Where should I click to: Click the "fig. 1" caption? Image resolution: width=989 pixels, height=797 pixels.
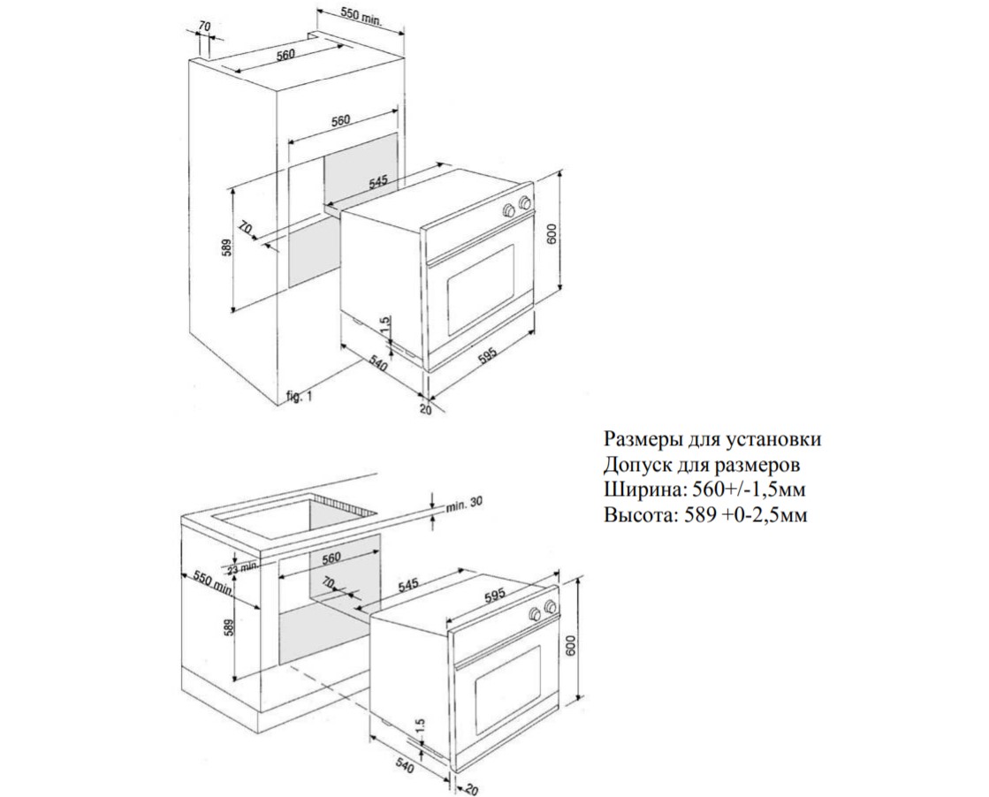coord(299,397)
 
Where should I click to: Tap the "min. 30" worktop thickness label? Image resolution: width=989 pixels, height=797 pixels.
coord(464,504)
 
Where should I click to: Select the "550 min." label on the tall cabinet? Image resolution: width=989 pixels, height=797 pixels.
coord(361,15)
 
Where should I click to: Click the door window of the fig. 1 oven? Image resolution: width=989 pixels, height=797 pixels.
coord(482,289)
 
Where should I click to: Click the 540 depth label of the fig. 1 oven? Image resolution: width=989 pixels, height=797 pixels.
coord(377,364)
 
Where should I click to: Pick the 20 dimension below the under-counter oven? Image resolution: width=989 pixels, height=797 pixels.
coord(473,788)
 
